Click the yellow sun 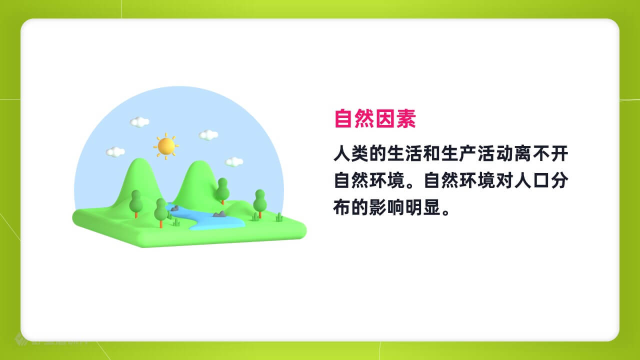click(166, 146)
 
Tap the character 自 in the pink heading click(343, 118)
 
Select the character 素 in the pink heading click(406, 118)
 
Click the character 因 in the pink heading click(385, 118)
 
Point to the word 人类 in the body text click(351, 153)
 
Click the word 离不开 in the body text click(541, 153)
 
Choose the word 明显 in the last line click(422, 207)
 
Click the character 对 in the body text click(504, 180)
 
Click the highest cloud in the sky click(139, 122)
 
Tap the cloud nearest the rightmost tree click(234, 162)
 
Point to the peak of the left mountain click(139, 159)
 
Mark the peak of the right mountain click(197, 161)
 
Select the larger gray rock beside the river click(219, 214)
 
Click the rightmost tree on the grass click(259, 203)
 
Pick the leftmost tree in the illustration click(136, 203)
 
